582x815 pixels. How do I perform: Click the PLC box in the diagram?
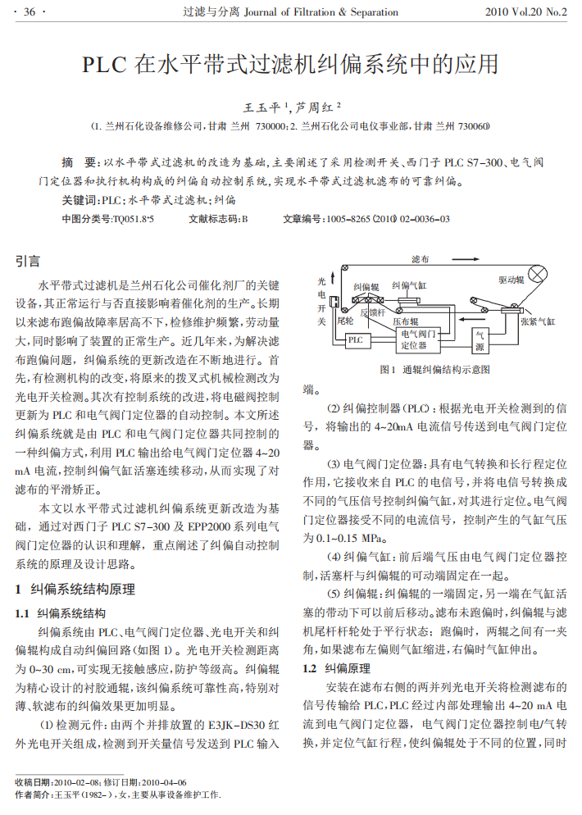[355, 339]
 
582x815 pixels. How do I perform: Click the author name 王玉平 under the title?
[262, 107]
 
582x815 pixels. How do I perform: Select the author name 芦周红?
[316, 107]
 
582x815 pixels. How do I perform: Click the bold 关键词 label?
[80, 199]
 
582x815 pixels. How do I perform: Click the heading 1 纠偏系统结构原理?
[75, 589]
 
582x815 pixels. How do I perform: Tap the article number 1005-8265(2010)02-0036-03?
[388, 219]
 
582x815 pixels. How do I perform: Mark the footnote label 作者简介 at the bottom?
[34, 795]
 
